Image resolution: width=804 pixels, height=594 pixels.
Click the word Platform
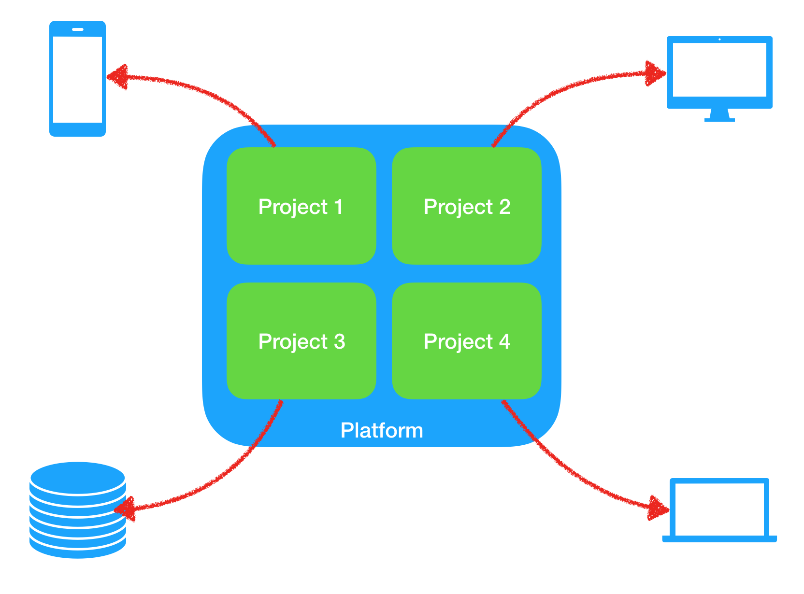point(381,430)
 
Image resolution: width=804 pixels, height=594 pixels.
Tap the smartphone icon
point(77,78)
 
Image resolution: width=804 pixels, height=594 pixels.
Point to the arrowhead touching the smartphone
point(117,77)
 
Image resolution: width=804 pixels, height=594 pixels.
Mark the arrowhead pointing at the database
point(125,509)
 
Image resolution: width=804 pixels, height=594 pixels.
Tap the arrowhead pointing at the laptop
point(658,509)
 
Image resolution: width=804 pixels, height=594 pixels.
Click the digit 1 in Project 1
point(339,207)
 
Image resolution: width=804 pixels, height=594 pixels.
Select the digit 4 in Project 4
point(504,341)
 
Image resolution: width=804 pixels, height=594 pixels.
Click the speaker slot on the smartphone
point(77,29)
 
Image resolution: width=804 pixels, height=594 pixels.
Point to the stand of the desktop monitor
point(719,115)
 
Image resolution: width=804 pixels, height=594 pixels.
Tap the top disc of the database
point(77,477)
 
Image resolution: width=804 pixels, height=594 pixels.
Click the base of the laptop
point(719,539)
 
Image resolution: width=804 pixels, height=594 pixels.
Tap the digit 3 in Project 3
point(339,341)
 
